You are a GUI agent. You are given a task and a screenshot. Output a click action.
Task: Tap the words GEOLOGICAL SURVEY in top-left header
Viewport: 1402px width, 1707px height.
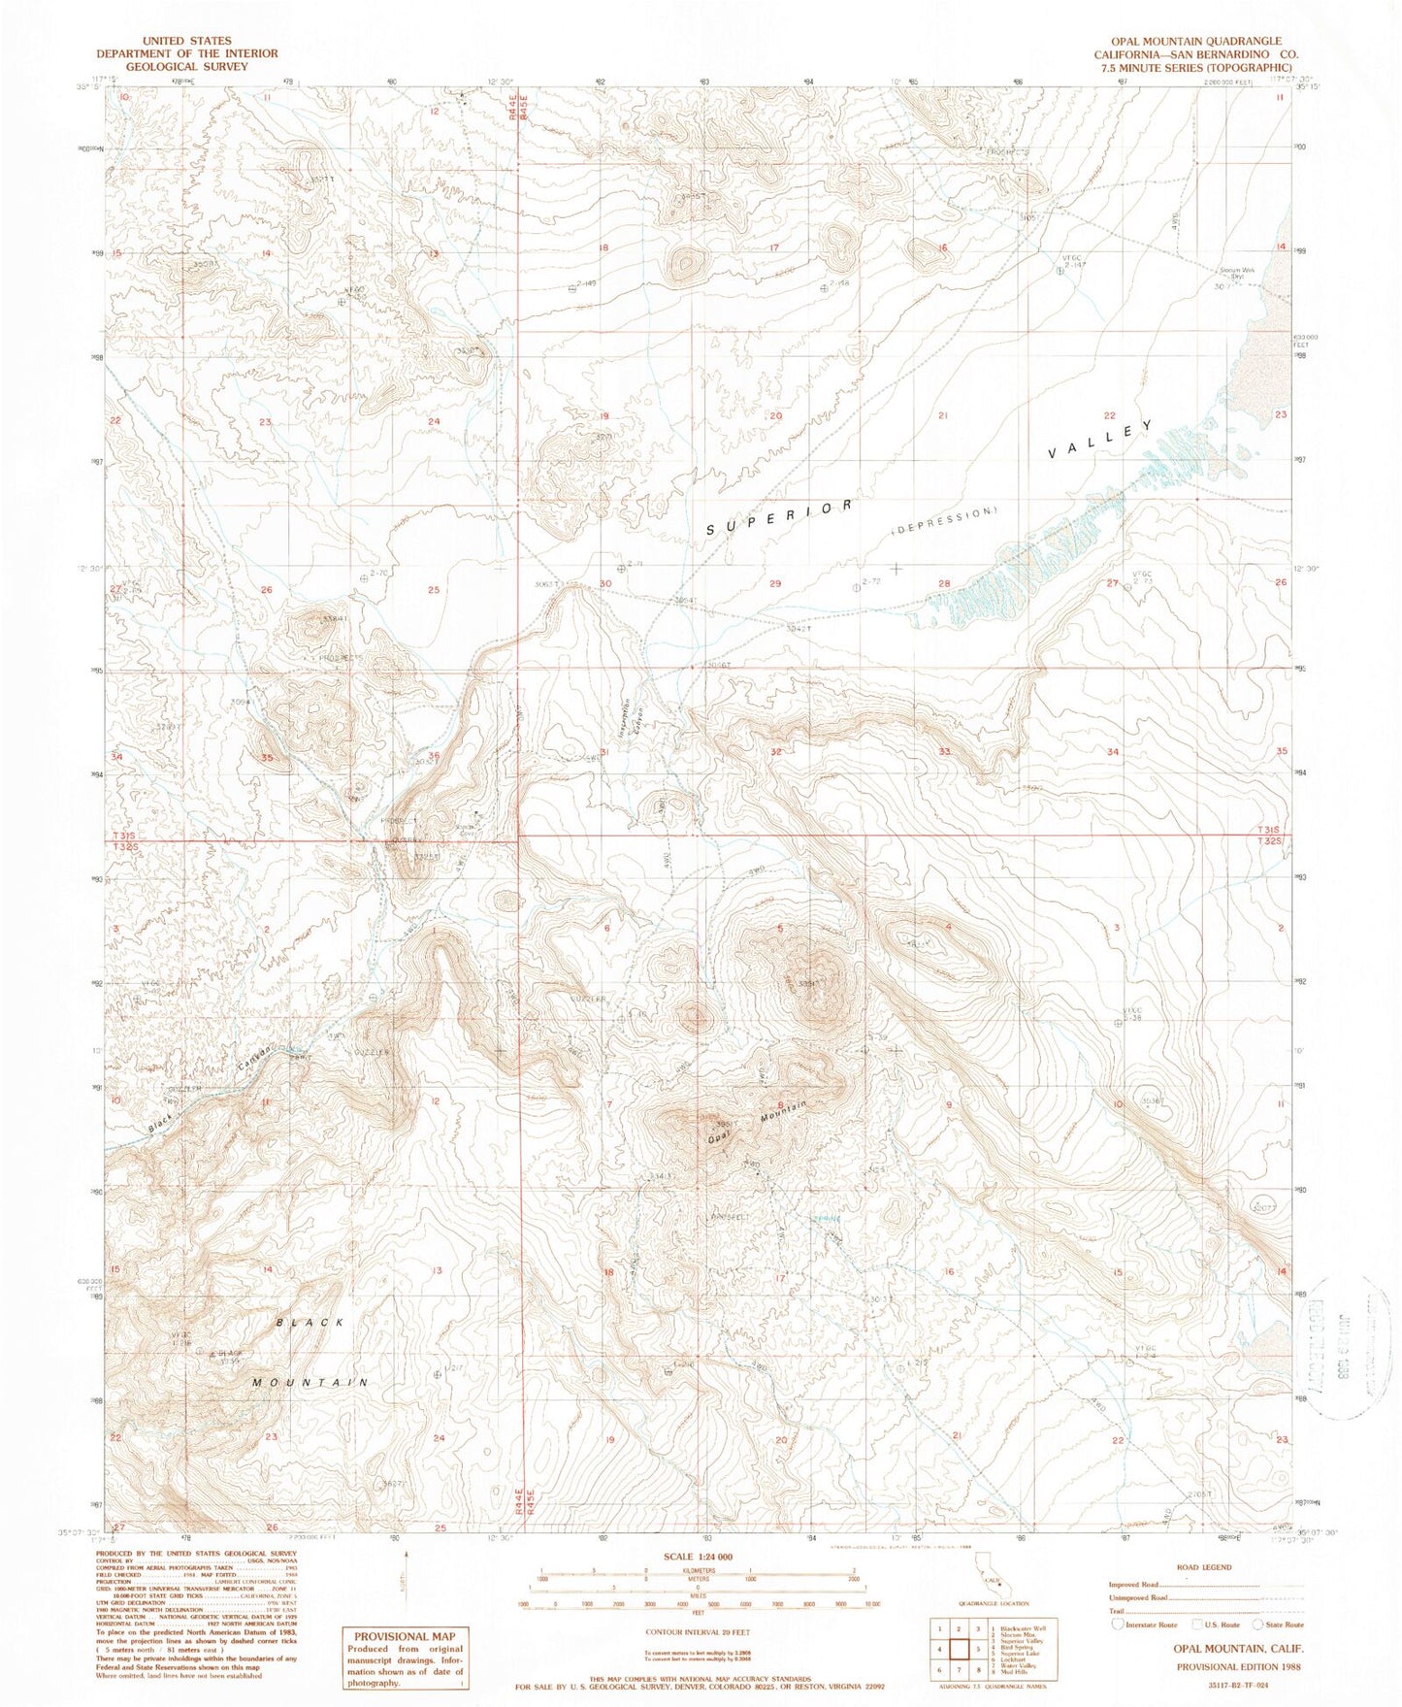[185, 67]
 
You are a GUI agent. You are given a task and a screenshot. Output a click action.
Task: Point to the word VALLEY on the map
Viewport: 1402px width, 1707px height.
[1101, 440]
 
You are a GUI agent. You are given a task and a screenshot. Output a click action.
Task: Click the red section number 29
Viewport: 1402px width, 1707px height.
[774, 583]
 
